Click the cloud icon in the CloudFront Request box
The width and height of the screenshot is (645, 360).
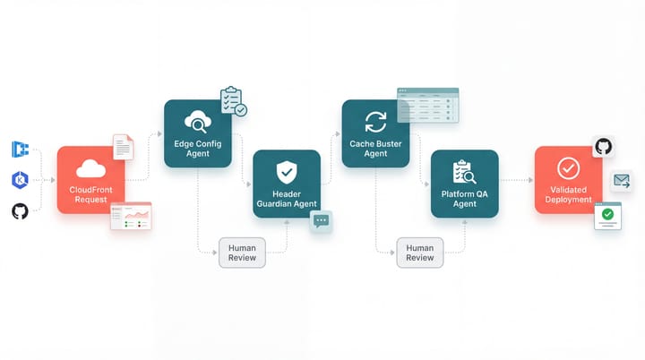point(91,168)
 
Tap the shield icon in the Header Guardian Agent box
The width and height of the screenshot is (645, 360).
point(286,170)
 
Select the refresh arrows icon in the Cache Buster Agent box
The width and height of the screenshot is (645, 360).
point(375,122)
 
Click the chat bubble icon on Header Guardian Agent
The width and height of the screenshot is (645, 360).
point(321,221)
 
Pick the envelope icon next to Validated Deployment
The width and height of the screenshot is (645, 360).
point(623,181)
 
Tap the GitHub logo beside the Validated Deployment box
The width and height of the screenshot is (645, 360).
point(604,146)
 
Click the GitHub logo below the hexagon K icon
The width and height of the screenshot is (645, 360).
point(20,211)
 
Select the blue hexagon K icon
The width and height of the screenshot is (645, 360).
point(20,180)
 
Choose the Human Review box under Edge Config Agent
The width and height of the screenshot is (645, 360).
point(242,252)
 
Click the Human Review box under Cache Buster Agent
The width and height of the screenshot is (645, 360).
point(419,252)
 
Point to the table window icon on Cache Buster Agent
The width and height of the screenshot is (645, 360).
point(428,105)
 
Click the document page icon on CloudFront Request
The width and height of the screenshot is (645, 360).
point(123,147)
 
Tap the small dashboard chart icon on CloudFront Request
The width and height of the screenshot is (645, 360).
point(131,216)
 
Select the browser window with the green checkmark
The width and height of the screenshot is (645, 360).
point(607,216)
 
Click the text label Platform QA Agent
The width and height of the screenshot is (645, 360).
point(464,199)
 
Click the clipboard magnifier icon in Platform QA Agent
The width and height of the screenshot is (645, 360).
point(464,171)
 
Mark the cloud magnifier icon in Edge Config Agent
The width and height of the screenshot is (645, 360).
point(197,122)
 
